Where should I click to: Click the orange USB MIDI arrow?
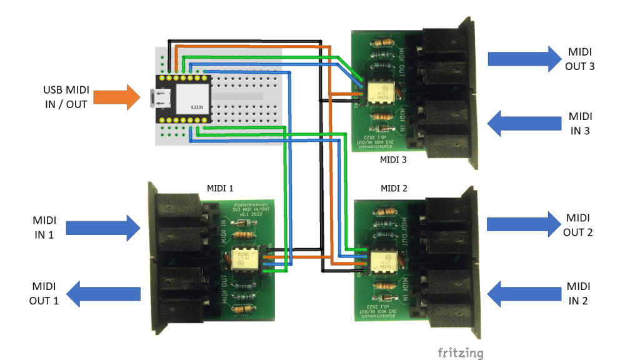click(x=117, y=97)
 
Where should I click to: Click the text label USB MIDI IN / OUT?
click(x=66, y=97)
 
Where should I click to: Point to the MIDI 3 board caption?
click(x=393, y=159)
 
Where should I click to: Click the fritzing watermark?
click(x=460, y=353)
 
